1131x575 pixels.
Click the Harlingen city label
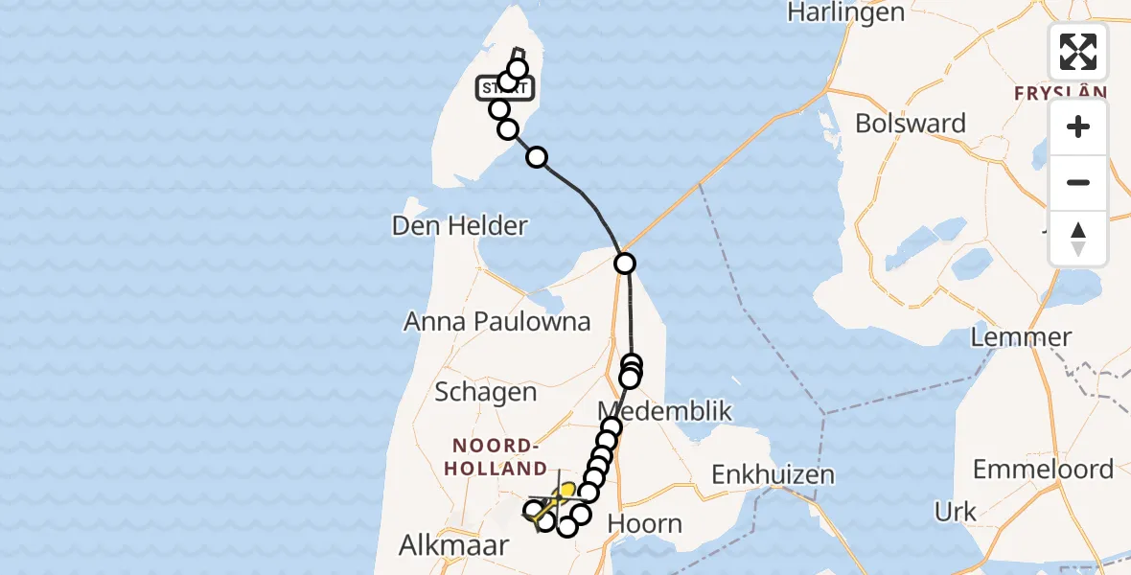(845, 12)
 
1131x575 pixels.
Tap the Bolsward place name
(910, 124)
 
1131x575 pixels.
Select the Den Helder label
(459, 226)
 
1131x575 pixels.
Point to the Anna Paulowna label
(496, 322)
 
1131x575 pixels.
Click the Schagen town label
(485, 392)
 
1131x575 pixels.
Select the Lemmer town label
(1021, 337)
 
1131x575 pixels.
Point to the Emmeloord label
(1043, 470)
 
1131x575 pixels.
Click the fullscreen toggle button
(1078, 52)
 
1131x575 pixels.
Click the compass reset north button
(1078, 239)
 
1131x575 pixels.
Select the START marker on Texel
(505, 89)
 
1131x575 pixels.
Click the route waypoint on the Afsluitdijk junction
(624, 263)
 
